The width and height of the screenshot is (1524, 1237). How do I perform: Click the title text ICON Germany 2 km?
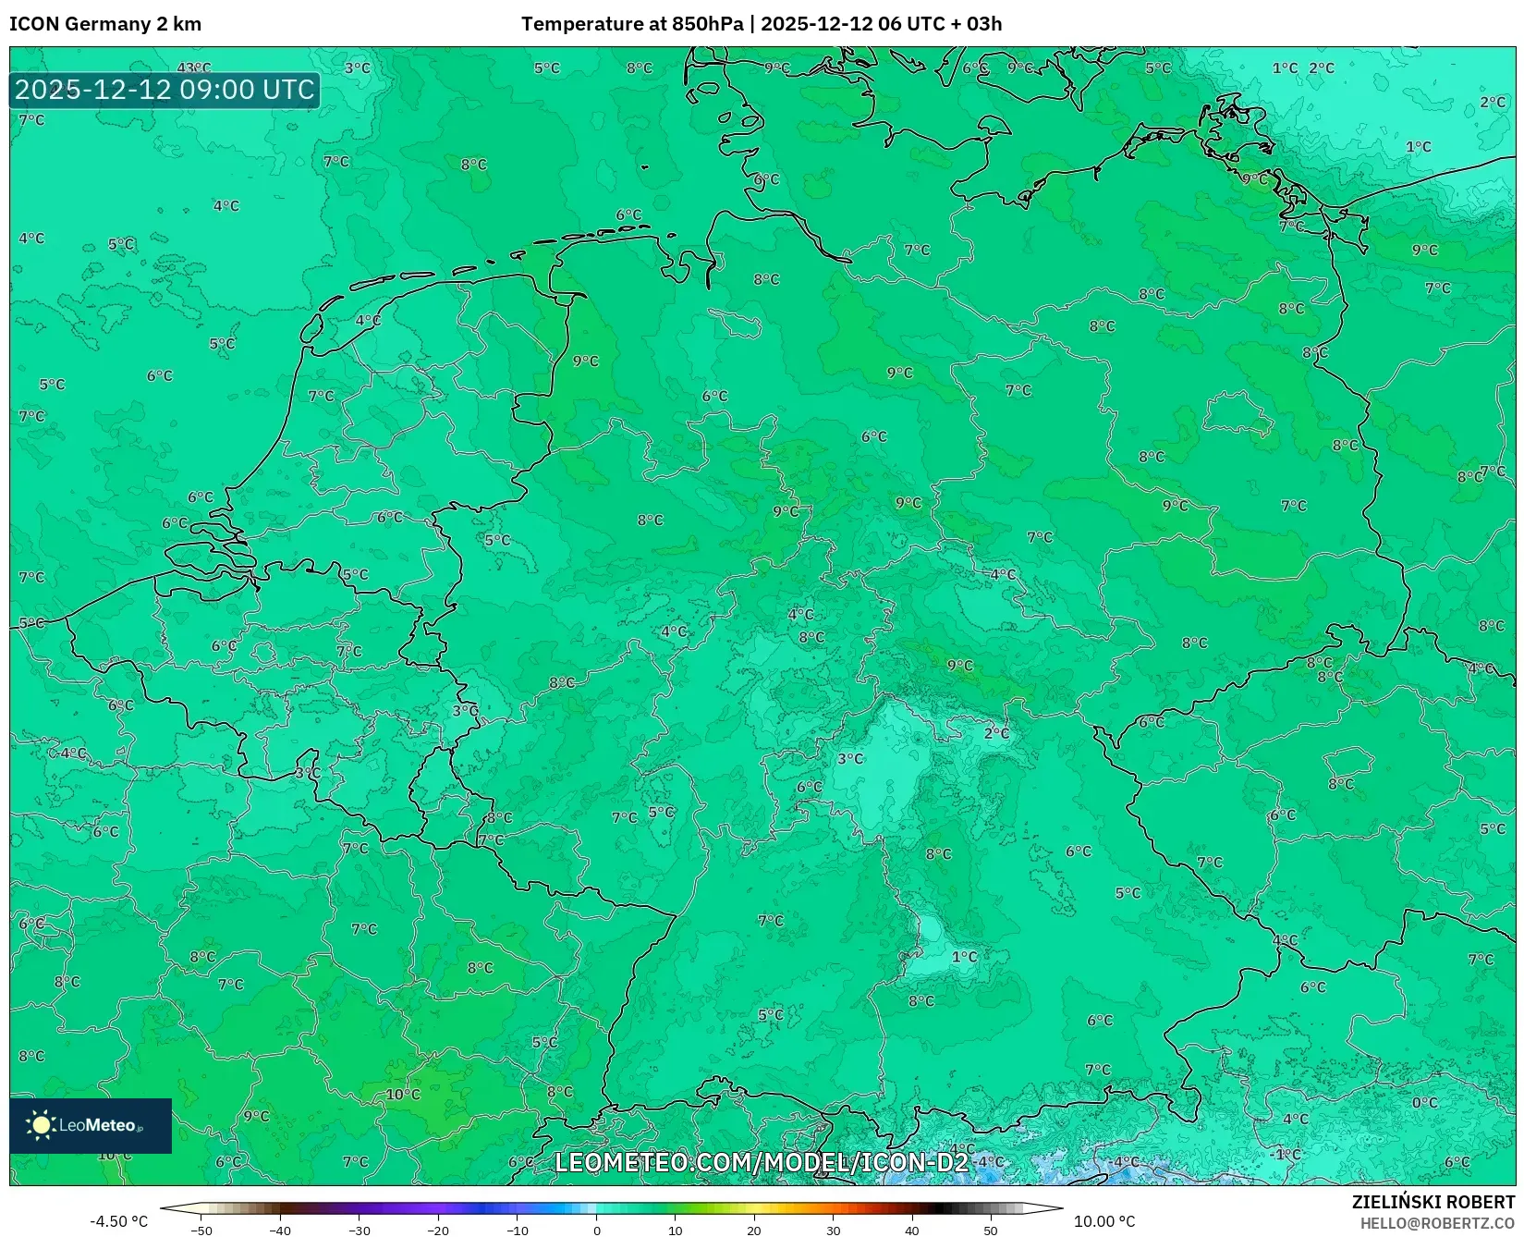tap(105, 24)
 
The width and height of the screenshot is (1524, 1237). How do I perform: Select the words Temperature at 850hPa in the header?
tap(631, 24)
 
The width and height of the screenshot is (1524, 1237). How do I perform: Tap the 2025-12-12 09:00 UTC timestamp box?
tap(165, 90)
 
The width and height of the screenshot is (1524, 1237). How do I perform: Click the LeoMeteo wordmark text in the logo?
tap(98, 1125)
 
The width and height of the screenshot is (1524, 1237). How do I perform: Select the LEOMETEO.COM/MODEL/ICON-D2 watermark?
tap(762, 1162)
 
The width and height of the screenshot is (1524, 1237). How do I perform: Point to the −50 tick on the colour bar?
tap(201, 1231)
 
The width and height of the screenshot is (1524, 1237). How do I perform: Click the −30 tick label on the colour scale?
tap(359, 1231)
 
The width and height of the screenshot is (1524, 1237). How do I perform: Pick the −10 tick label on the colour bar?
tap(517, 1231)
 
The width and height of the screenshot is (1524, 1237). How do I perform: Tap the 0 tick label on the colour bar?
tap(596, 1231)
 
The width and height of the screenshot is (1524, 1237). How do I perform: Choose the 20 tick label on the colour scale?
tap(754, 1231)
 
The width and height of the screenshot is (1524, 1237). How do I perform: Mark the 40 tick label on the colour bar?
tap(912, 1231)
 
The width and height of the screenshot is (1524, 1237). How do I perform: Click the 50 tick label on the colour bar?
tap(991, 1231)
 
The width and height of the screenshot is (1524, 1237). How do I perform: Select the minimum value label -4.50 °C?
tap(118, 1221)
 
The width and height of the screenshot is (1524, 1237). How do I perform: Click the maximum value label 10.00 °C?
tap(1104, 1221)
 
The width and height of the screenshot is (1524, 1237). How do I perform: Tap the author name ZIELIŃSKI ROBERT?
tap(1433, 1202)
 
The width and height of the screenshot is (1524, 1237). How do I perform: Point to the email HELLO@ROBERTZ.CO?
tap(1437, 1223)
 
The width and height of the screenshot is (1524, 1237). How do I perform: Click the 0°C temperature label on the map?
tap(1424, 1103)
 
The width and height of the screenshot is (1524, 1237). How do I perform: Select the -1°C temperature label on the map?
tap(1286, 1154)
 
